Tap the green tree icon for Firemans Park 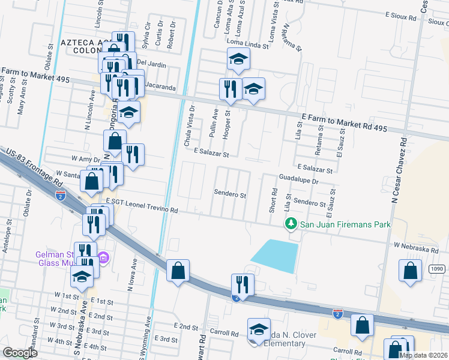291,224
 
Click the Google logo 20,353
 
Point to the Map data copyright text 424,355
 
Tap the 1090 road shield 437,269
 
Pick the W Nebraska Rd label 417,247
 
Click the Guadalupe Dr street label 298,179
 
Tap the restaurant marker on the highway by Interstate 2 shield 241,284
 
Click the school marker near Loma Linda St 238,59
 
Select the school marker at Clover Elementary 259,329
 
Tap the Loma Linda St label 247,43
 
